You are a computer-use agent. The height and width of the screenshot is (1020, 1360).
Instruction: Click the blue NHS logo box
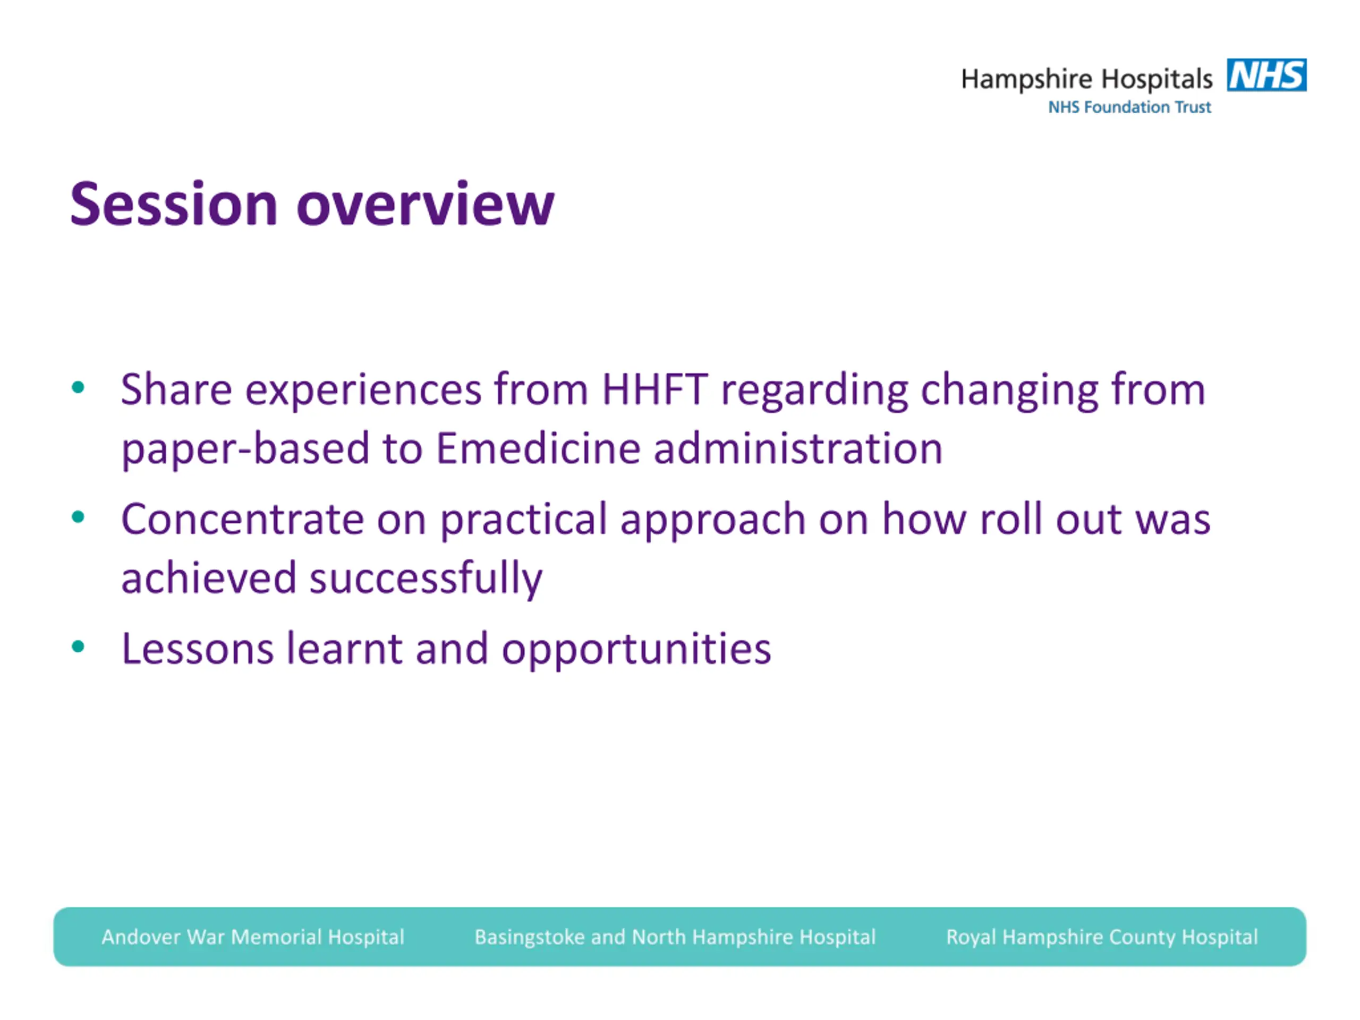click(1266, 75)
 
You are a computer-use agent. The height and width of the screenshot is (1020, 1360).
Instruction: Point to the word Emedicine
click(539, 448)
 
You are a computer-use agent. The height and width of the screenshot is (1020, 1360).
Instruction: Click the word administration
click(798, 448)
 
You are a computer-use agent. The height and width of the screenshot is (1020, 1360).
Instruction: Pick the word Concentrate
click(242, 519)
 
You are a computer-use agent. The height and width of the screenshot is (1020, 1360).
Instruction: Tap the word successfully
click(426, 579)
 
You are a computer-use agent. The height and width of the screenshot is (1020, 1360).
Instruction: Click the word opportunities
click(636, 650)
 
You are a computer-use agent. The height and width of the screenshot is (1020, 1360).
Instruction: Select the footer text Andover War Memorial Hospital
click(253, 937)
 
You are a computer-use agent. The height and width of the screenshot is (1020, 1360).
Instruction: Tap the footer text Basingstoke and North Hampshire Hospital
click(675, 937)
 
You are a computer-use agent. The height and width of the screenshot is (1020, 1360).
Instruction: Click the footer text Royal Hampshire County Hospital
click(1102, 937)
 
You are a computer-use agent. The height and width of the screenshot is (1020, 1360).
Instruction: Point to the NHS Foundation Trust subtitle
click(1129, 107)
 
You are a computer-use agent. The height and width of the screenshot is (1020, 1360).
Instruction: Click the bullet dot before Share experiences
click(78, 387)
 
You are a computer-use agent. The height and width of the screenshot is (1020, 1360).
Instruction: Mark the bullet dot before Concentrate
click(78, 517)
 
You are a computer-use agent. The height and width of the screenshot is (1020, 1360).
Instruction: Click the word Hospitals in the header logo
click(1157, 80)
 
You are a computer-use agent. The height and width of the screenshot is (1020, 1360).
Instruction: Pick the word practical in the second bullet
click(524, 520)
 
